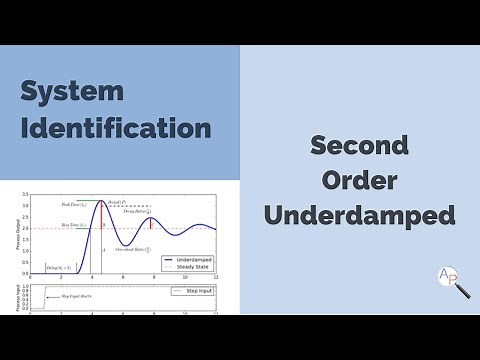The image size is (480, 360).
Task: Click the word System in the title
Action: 71,92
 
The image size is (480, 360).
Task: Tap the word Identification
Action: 116,129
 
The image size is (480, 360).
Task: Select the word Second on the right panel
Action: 359,145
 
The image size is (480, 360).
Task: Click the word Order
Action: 359,180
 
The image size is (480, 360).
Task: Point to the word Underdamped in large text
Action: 359,215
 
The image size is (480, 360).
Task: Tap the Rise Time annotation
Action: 72,228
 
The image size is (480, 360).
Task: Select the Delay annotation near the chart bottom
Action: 60,268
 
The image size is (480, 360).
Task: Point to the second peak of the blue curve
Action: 150,219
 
